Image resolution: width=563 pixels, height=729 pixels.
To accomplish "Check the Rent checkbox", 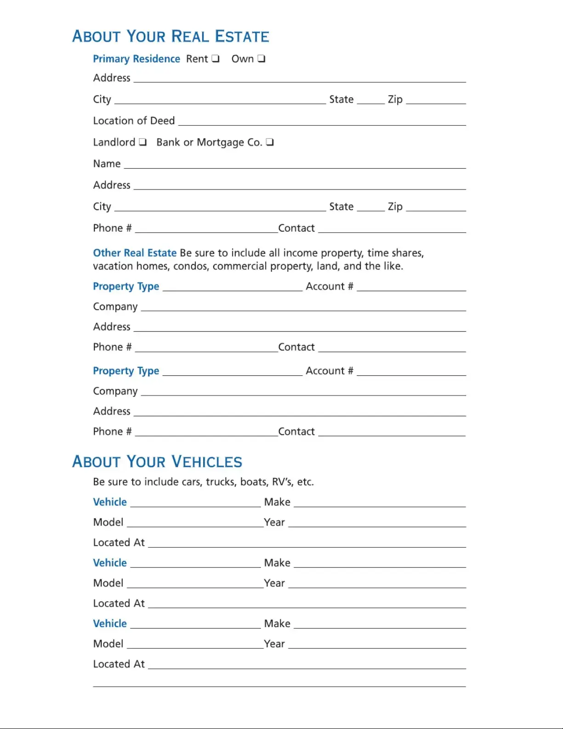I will pos(215,58).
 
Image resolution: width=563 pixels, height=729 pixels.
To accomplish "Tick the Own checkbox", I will pos(261,58).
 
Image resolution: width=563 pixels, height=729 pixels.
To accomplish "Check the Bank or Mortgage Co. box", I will pos(270,142).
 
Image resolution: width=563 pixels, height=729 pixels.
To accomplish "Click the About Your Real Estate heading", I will pos(171,36).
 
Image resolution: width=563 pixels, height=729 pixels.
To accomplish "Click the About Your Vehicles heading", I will pos(157,462).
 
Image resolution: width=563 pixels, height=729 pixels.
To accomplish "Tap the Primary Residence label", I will pos(136,59).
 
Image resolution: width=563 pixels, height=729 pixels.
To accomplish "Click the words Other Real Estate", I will pos(135,253).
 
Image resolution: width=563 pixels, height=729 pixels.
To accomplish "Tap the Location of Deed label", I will pos(134,121).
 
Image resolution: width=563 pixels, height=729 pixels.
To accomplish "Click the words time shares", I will pos(395,253).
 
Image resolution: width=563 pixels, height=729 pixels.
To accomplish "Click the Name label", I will pos(107,164).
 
